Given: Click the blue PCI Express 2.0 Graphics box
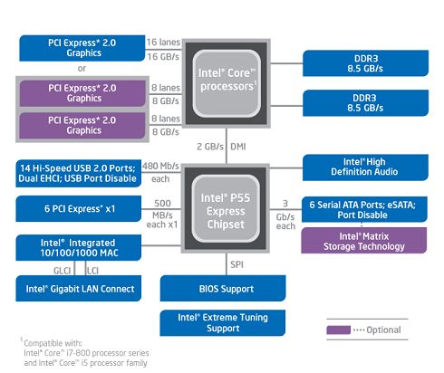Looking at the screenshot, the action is [x=82, y=48].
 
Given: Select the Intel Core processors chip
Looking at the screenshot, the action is [x=227, y=83].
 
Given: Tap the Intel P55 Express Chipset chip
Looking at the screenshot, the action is [x=226, y=208].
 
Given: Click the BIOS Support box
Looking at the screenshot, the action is [x=223, y=288].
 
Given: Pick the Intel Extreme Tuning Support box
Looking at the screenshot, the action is [x=223, y=322].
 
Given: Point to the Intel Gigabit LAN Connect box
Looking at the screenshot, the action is [x=79, y=288].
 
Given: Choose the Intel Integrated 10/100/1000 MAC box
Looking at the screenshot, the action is [x=79, y=247].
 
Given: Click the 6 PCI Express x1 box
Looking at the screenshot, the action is [x=79, y=208].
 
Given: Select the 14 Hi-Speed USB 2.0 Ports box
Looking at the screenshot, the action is [x=79, y=173].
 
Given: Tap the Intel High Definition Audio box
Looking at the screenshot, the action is [x=365, y=167].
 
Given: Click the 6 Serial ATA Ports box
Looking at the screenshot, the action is [x=364, y=209].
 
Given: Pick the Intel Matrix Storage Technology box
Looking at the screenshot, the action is [x=364, y=241].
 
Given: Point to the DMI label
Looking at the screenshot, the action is [x=238, y=147].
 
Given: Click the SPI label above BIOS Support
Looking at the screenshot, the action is [x=236, y=264].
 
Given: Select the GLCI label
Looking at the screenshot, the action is [x=62, y=271].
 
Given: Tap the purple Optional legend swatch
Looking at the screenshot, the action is [x=339, y=330].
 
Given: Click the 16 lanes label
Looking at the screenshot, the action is [x=163, y=43].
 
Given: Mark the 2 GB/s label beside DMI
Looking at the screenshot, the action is [x=210, y=147].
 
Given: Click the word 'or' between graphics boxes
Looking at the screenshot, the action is [x=82, y=69].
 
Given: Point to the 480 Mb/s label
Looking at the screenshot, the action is [x=160, y=166].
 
